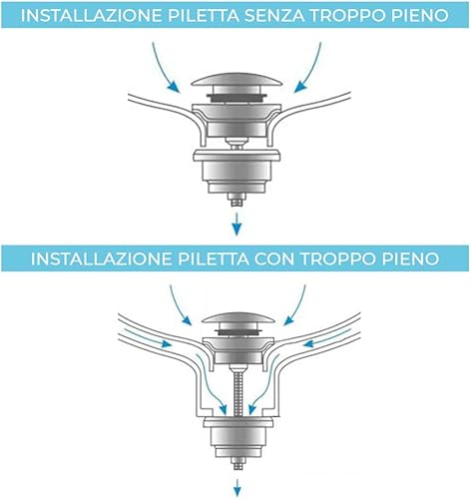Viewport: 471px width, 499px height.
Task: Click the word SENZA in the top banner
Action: (x=271, y=15)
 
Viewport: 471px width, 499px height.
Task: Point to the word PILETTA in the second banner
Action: (x=213, y=258)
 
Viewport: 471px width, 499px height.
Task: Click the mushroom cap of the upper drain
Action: (x=236, y=83)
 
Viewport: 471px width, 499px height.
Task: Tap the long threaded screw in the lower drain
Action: (x=236, y=392)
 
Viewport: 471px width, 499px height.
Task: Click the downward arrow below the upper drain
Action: (x=236, y=224)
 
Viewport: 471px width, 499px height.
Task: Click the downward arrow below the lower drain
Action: (x=237, y=487)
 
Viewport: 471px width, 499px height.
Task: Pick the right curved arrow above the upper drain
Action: (x=310, y=68)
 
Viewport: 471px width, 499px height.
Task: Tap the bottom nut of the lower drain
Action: (x=236, y=463)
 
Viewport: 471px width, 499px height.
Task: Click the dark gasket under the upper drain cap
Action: (x=236, y=96)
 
